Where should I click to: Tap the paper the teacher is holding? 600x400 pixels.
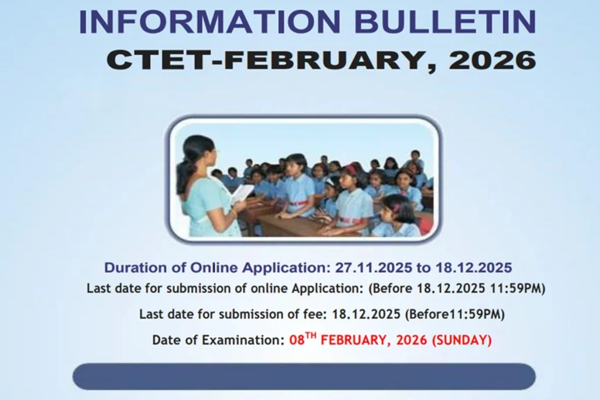click(241, 194)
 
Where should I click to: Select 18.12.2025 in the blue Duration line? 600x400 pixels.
click(473, 268)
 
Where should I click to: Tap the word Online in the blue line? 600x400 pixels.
click(213, 268)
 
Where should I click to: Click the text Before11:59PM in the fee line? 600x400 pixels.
click(455, 314)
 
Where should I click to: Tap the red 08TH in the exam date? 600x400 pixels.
click(304, 340)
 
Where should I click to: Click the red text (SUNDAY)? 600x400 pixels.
click(462, 340)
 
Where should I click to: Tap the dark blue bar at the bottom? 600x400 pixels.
click(304, 376)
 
